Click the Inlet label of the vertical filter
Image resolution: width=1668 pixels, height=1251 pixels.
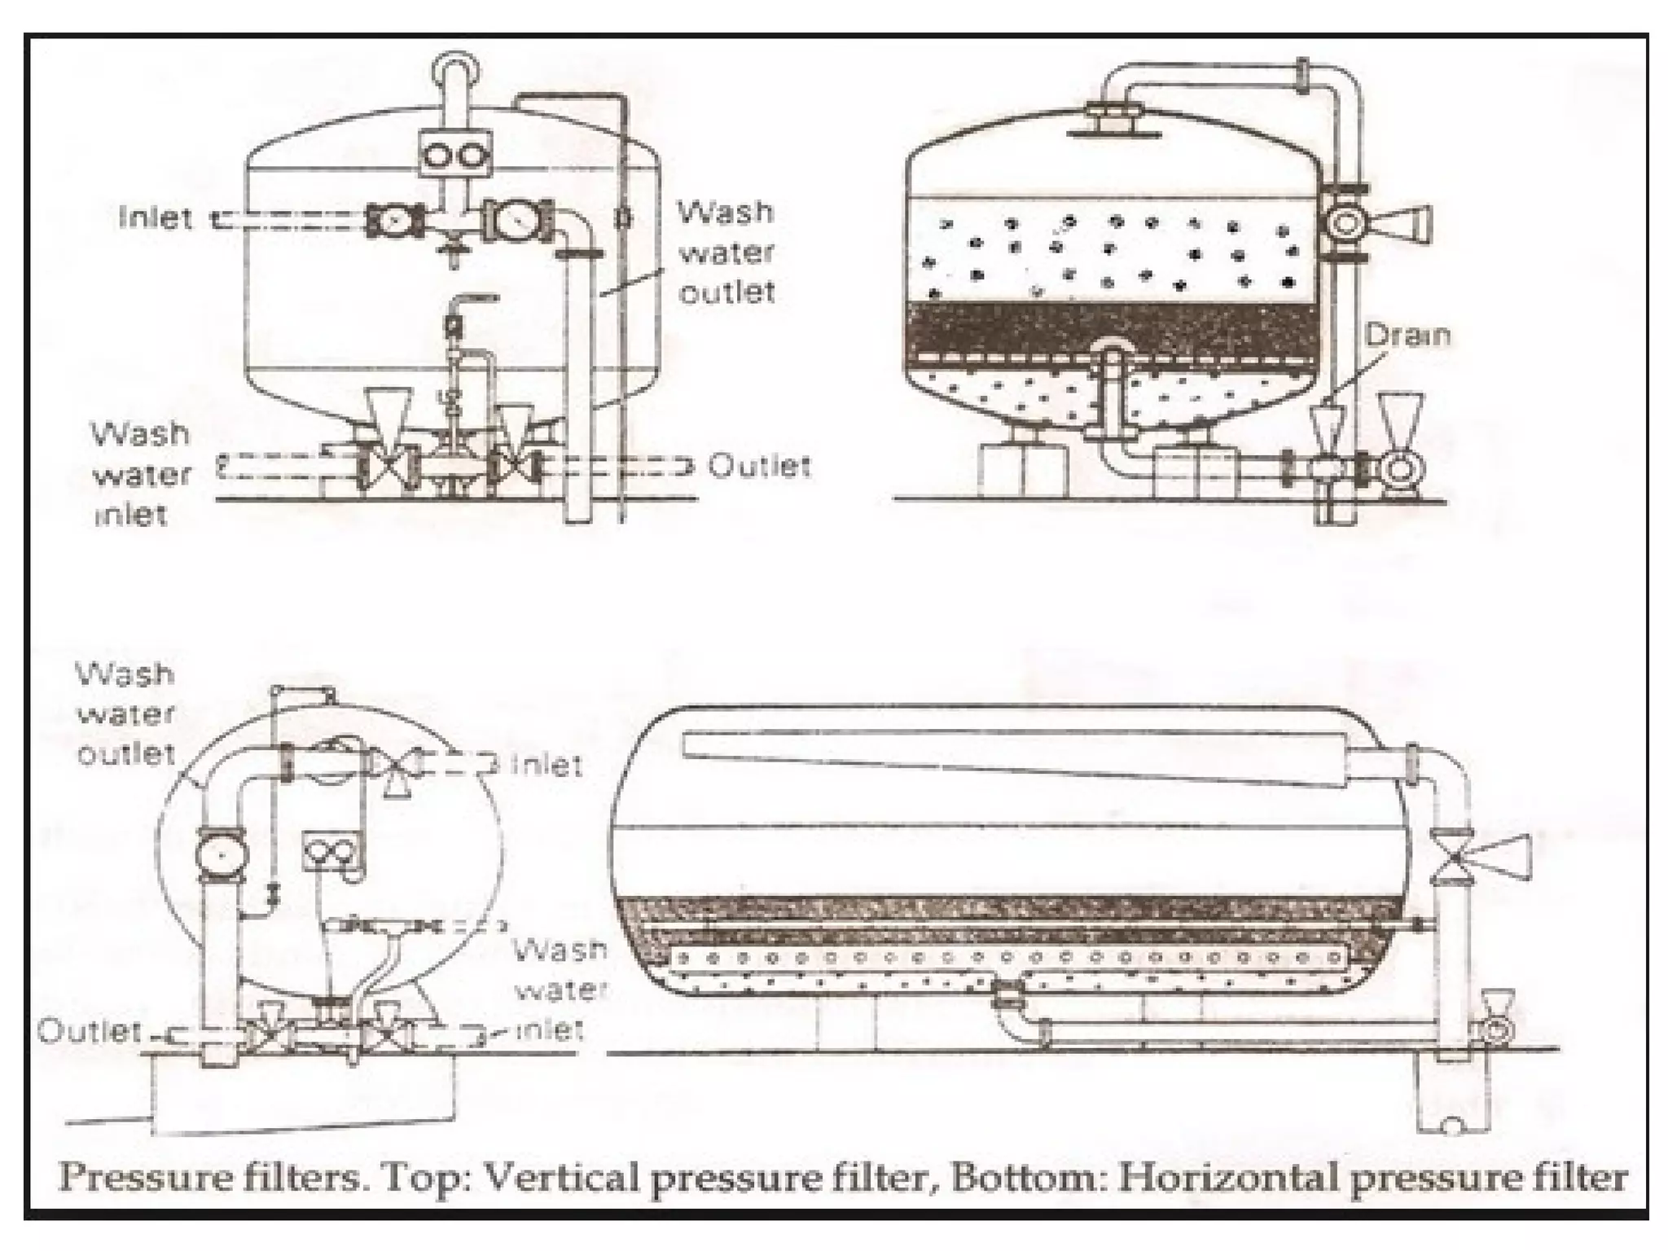point(156,218)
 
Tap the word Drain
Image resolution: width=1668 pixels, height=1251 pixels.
point(1407,336)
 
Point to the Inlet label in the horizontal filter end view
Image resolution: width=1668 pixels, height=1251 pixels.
point(547,766)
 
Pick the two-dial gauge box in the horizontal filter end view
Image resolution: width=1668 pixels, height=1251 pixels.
point(332,852)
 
